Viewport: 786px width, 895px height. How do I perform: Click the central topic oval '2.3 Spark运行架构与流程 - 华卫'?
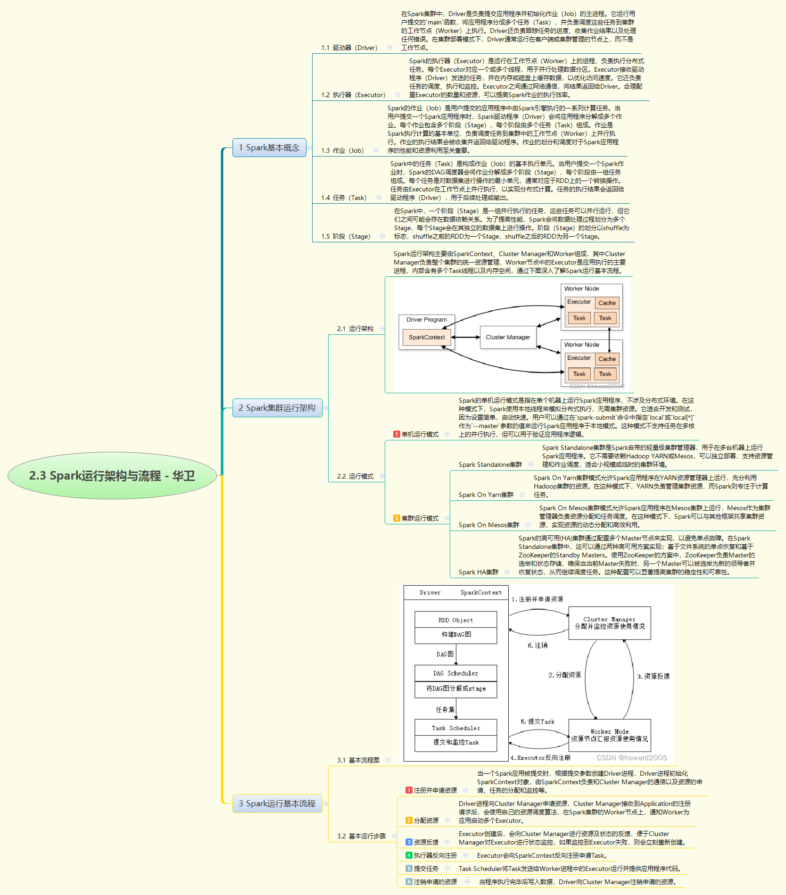pos(112,476)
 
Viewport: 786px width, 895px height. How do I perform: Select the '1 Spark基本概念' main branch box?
pos(269,148)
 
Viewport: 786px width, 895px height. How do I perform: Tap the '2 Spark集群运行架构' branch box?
pos(277,408)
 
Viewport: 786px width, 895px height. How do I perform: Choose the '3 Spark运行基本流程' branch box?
pos(277,804)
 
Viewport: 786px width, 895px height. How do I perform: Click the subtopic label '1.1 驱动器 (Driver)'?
pos(349,48)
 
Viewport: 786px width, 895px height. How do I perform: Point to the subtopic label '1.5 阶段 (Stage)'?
pos(346,236)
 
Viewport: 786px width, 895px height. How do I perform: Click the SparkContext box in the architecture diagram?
pos(427,337)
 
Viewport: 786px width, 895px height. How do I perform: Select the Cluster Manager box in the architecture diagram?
pos(508,337)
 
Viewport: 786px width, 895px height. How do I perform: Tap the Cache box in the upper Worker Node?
pos(607,303)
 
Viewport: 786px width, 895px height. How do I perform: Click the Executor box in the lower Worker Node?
pos(579,358)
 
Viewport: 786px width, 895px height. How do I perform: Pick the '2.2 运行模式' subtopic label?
pos(355,476)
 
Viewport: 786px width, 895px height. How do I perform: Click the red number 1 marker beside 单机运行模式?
pos(397,434)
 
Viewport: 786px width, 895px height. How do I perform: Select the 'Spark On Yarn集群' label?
pos(486,495)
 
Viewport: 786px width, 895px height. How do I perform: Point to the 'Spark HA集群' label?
pos(478,572)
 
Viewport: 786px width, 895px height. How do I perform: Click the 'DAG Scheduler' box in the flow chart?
pos(455,673)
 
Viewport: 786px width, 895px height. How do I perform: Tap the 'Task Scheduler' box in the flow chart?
pos(455,728)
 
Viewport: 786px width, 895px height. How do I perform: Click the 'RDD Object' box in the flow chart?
pos(455,620)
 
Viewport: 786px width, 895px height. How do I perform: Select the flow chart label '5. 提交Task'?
pos(538,721)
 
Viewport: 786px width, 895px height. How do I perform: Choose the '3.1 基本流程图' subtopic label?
pos(358,760)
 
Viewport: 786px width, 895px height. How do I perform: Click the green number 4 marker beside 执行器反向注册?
pos(409,855)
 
